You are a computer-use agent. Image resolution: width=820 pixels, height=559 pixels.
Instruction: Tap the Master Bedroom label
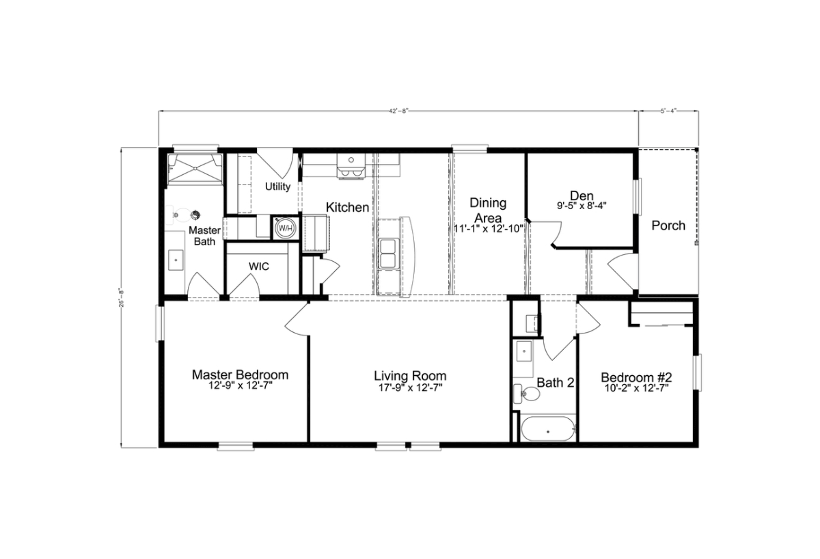(x=240, y=375)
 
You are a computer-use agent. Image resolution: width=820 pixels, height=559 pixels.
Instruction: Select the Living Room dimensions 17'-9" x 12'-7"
(x=410, y=387)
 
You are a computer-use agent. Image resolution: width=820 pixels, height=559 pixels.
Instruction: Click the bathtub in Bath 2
(x=547, y=431)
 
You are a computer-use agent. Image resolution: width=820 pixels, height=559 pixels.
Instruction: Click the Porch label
(x=668, y=226)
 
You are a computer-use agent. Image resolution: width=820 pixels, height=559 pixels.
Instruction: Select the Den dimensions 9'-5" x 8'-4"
(x=582, y=204)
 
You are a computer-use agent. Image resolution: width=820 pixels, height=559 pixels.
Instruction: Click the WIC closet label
(x=258, y=267)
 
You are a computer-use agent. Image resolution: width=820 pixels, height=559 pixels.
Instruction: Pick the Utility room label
(x=278, y=187)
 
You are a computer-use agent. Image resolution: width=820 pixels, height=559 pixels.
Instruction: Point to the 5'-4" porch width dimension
(x=669, y=110)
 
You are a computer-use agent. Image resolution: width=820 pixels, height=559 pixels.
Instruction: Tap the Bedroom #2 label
(x=637, y=377)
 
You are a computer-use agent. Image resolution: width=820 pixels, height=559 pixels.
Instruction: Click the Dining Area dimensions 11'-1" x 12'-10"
(x=489, y=229)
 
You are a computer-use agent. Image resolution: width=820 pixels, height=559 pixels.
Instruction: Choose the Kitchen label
(x=347, y=207)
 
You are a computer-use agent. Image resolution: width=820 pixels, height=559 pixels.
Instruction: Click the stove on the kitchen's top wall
(x=351, y=166)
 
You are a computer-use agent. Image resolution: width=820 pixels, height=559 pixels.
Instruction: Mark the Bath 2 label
(x=555, y=383)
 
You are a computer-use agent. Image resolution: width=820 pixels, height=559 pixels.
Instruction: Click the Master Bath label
(x=204, y=236)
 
